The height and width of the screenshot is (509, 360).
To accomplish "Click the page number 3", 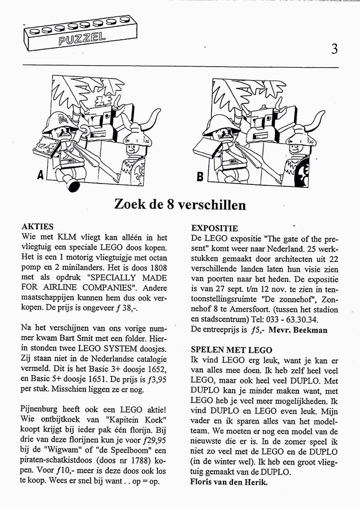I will coord(334,49).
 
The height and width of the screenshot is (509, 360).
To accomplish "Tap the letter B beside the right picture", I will coord(200,175).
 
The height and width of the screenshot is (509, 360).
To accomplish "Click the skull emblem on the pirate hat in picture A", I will coord(61,119).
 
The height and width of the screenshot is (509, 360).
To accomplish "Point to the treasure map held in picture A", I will coord(45,146).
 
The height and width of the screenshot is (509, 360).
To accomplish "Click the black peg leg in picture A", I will coord(74,185).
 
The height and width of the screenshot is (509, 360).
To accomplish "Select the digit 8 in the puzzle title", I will coord(170,204).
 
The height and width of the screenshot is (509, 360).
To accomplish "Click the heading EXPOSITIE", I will coord(214,229).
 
